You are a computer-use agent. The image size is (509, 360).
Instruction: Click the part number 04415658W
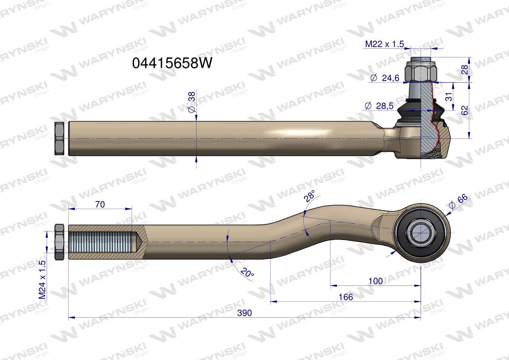click(x=172, y=63)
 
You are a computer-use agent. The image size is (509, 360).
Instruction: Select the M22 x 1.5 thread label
click(x=384, y=44)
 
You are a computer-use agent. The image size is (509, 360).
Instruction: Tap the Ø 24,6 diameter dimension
click(x=385, y=78)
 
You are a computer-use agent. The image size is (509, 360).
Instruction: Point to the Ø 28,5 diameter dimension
click(x=379, y=106)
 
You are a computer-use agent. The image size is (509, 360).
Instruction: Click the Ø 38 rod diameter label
click(x=192, y=102)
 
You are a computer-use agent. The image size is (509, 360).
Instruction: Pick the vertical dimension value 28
click(x=465, y=69)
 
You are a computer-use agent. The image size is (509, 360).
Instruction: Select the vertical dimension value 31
click(x=449, y=97)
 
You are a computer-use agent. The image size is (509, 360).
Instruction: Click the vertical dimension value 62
click(x=465, y=110)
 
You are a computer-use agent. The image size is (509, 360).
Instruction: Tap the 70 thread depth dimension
click(x=100, y=204)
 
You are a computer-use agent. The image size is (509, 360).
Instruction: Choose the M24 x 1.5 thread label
click(x=42, y=280)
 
